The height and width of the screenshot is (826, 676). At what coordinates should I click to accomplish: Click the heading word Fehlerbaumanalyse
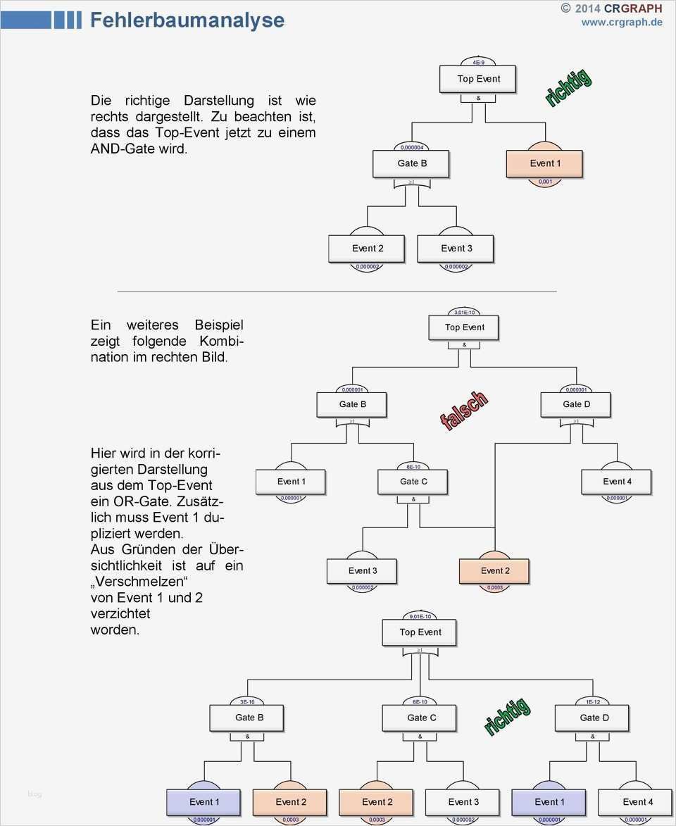click(x=187, y=20)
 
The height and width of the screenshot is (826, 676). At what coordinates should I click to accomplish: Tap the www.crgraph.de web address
click(x=621, y=22)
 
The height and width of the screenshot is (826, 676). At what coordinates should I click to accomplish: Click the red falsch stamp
click(x=463, y=411)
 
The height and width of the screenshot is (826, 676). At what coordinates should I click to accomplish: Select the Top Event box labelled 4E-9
click(x=478, y=79)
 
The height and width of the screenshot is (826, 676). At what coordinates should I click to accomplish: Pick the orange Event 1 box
click(x=544, y=163)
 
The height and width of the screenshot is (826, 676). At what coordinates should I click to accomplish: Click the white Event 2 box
click(x=367, y=249)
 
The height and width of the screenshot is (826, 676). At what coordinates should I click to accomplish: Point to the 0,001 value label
click(x=545, y=182)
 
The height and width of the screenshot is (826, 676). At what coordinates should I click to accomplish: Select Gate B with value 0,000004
click(x=411, y=163)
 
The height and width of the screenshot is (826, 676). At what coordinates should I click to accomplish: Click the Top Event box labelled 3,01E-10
click(x=464, y=327)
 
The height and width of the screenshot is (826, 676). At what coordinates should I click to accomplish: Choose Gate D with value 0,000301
click(x=576, y=404)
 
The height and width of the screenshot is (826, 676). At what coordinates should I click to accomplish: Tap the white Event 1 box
click(x=291, y=482)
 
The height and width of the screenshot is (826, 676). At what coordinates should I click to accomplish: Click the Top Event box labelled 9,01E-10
click(x=420, y=632)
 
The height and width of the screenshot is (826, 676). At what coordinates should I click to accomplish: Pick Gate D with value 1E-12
click(x=594, y=718)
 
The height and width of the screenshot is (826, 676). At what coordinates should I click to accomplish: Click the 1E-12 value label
click(x=593, y=701)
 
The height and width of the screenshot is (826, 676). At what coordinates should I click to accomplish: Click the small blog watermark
click(x=35, y=794)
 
